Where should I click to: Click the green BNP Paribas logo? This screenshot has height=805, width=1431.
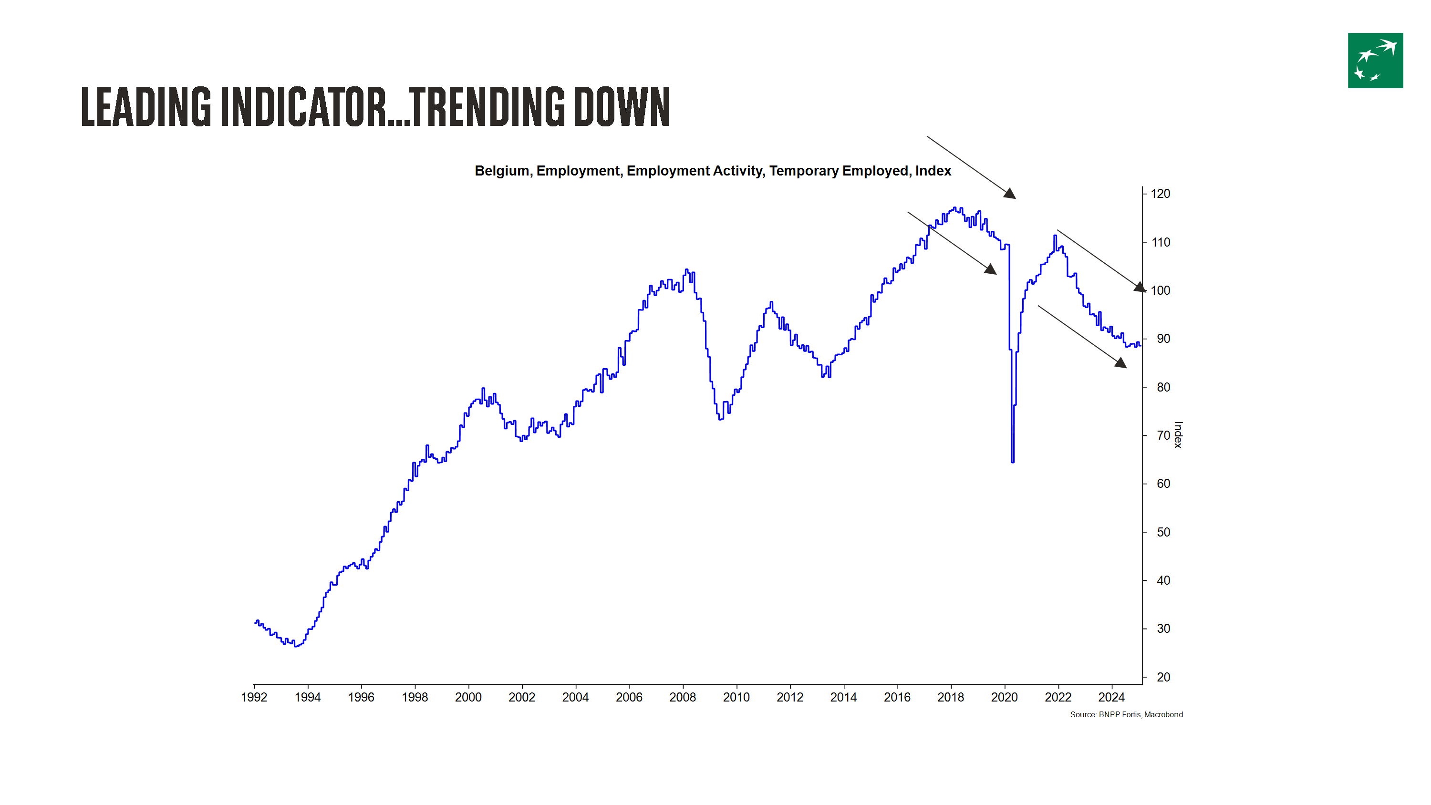(x=1375, y=61)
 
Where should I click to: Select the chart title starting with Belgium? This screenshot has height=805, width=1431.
(x=713, y=171)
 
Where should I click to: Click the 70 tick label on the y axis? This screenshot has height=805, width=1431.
(x=1163, y=435)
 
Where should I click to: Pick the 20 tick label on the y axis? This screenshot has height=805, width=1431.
(x=1163, y=677)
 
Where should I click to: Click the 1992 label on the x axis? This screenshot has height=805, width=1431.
(x=254, y=697)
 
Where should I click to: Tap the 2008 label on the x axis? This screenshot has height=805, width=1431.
(x=682, y=697)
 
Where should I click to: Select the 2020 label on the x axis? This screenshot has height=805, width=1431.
(x=1004, y=697)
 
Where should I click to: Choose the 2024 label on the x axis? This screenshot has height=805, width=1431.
(x=1111, y=697)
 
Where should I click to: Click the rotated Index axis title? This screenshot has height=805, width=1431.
(x=1178, y=435)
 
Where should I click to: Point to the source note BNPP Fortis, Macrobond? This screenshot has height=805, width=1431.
(x=1126, y=714)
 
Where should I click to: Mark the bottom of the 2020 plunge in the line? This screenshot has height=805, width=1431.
(x=1013, y=461)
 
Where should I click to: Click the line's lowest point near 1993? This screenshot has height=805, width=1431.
(x=296, y=646)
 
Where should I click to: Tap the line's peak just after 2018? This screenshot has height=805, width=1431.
(x=955, y=208)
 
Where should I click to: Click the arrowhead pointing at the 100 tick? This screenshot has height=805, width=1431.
(x=1140, y=287)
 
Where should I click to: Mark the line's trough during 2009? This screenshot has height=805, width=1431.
(x=720, y=419)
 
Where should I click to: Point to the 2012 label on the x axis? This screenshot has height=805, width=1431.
(x=789, y=697)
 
